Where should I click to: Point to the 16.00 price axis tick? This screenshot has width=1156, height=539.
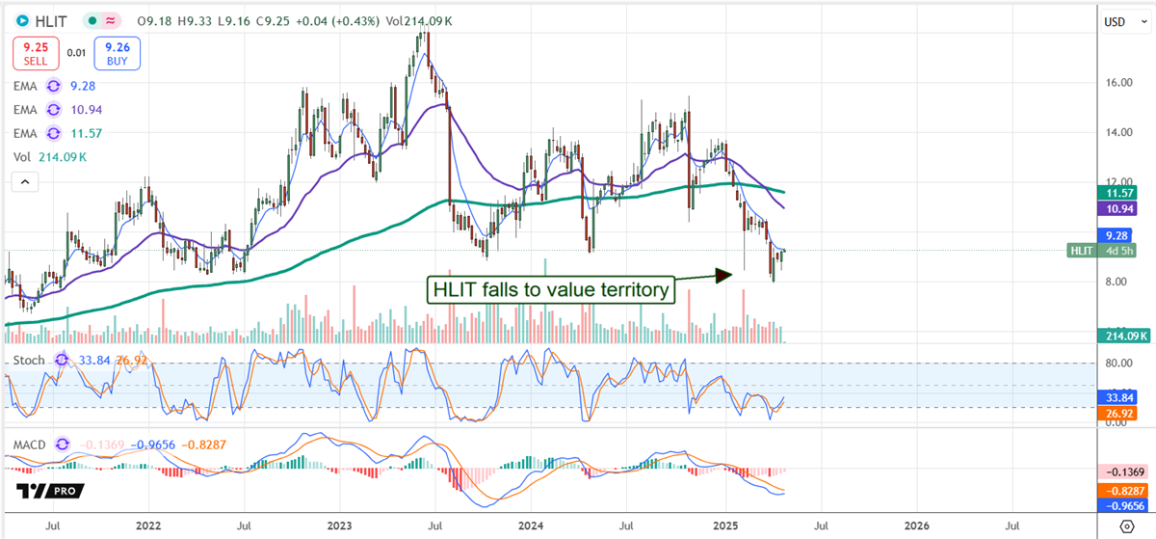(1117, 83)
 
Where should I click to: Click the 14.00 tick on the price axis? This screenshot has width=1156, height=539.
(1117, 132)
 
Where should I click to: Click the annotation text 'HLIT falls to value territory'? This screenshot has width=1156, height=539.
(551, 289)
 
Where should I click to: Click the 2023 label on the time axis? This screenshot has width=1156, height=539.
(339, 527)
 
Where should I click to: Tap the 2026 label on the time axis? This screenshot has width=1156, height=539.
(916, 527)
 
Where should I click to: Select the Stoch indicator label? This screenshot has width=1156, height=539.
(29, 360)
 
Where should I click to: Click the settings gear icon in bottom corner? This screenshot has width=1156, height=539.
(1126, 526)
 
